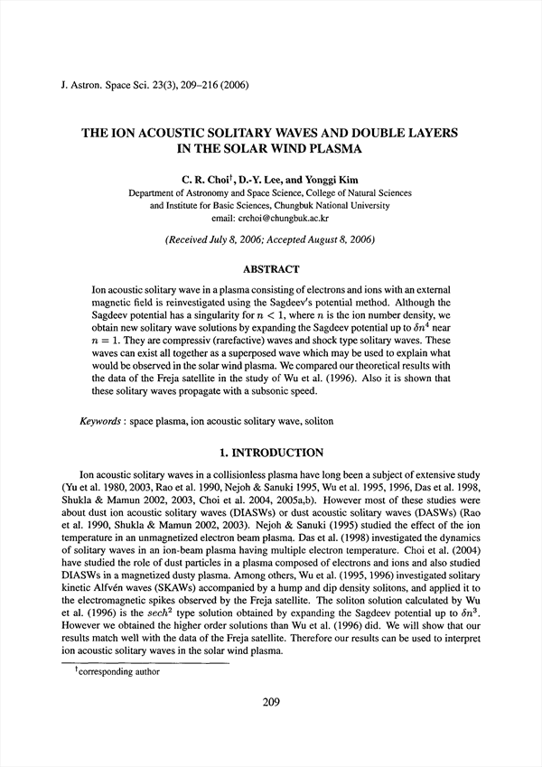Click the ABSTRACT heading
(x=271, y=267)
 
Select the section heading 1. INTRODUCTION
(x=271, y=452)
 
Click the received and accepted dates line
(x=271, y=240)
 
